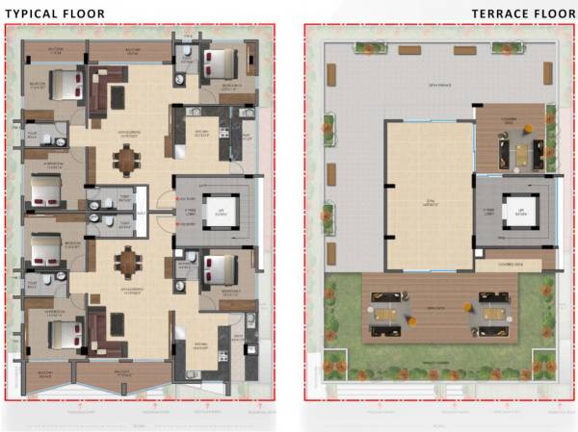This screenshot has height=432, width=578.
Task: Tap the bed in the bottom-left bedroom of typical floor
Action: (x=61, y=335)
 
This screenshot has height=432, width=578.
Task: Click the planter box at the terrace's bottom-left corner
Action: (x=334, y=364)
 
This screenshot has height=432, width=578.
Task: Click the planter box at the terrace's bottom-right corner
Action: (x=545, y=364)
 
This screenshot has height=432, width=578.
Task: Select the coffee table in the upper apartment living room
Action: (x=116, y=96)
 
